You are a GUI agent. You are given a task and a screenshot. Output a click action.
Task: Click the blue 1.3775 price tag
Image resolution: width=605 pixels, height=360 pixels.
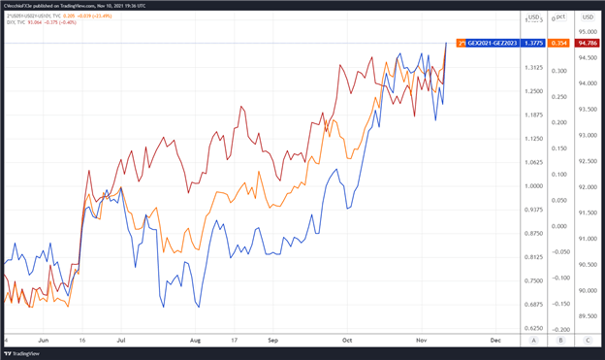point(532,43)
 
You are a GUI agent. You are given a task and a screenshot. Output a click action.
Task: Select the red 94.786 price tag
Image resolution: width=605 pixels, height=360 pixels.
point(588,43)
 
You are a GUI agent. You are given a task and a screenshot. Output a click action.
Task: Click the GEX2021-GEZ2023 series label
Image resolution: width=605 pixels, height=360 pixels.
point(493,43)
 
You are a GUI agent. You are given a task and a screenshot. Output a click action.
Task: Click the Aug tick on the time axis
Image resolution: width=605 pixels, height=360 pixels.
point(197,341)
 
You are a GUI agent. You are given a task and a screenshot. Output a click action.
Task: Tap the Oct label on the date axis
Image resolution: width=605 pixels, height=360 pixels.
point(346,341)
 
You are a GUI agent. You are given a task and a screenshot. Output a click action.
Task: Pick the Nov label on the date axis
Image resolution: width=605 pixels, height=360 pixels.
point(420,341)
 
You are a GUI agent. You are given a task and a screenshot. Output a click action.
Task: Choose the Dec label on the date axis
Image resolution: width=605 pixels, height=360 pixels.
point(494,341)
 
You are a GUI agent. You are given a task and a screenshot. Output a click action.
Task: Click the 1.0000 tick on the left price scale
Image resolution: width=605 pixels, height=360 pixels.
point(532,185)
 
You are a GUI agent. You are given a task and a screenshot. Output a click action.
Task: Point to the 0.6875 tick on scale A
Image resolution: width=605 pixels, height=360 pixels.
point(532,305)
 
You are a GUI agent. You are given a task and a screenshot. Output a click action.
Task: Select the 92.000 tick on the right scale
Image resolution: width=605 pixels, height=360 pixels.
point(588,186)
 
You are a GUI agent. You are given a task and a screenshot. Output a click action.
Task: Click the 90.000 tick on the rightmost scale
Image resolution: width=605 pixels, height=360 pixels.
point(588,290)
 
